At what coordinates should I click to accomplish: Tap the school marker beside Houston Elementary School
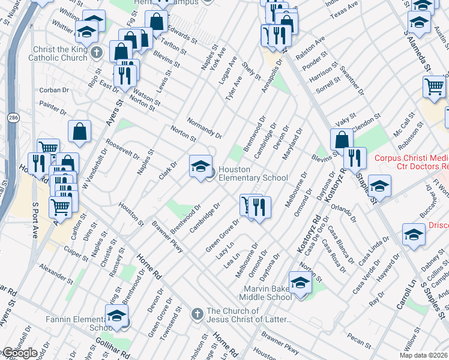click(x=200, y=166)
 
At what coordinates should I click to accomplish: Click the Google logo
click(x=19, y=353)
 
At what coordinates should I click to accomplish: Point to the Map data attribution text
click(x=423, y=355)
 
